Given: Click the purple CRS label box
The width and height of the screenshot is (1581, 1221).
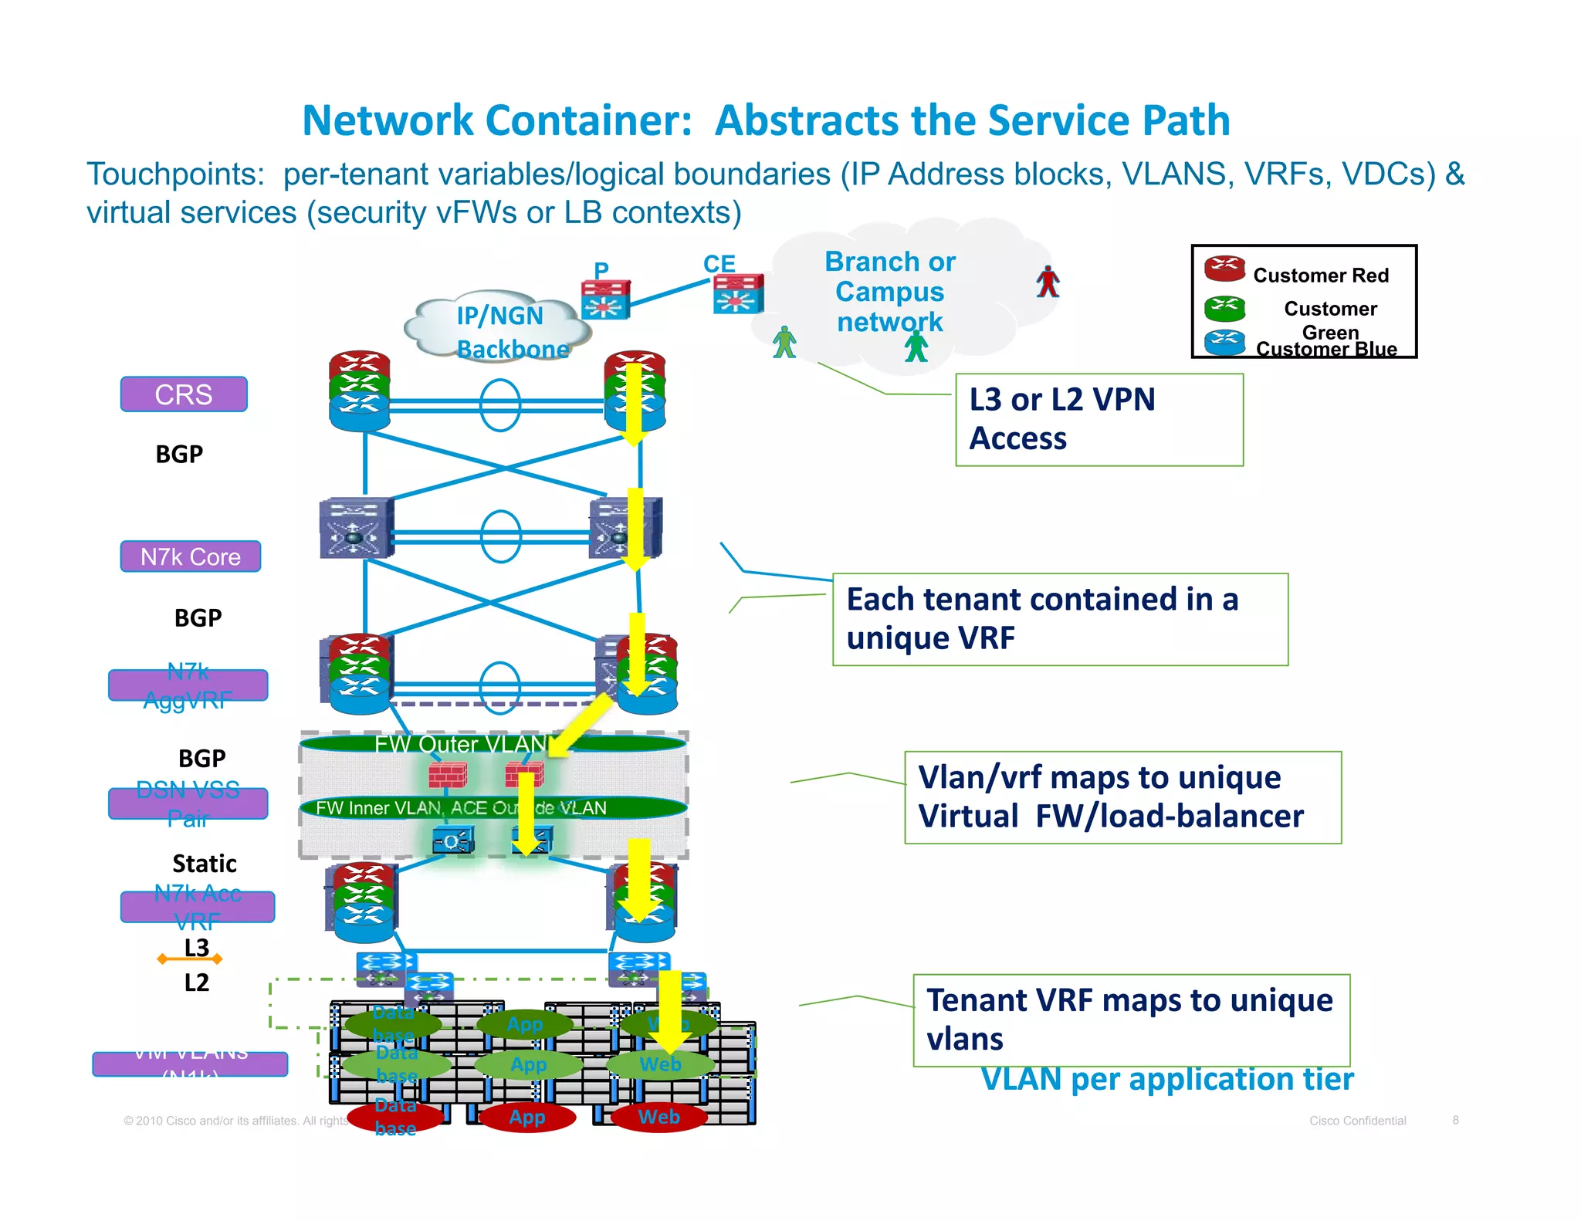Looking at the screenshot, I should tap(184, 394).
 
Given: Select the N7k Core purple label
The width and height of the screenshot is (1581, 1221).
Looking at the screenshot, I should tap(190, 556).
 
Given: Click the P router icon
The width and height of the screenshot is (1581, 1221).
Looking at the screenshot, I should tap(606, 299).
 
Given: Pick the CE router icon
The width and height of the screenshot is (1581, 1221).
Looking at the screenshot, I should tap(738, 294).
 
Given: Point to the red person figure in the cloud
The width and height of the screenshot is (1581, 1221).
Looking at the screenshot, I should tap(1048, 282).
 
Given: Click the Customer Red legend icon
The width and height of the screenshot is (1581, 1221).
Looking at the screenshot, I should tap(1224, 269).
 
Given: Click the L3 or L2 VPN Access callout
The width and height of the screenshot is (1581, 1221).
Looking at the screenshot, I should tap(1099, 420).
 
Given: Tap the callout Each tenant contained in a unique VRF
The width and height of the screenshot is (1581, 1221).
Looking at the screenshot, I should tap(1059, 619).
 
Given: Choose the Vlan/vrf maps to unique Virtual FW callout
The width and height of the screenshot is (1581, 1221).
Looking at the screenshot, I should tap(1122, 797).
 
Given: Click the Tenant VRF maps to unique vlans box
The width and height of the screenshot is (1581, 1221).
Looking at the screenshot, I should tap(1131, 1020).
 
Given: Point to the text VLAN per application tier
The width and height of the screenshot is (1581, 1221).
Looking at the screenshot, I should tap(1166, 1080).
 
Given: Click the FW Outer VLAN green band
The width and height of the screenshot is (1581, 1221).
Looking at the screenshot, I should tap(463, 744).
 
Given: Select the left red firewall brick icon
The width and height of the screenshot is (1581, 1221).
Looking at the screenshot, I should tap(448, 774).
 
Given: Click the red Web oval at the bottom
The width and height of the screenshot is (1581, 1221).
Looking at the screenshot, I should tap(658, 1117).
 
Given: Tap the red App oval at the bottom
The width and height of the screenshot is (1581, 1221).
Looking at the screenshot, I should tap(527, 1117).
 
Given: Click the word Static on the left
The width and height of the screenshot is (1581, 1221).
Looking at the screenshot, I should tap(204, 863).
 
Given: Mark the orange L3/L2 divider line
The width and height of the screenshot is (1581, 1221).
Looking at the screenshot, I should tap(190, 959).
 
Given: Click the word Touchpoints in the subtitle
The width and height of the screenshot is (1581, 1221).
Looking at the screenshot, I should tap(175, 174).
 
